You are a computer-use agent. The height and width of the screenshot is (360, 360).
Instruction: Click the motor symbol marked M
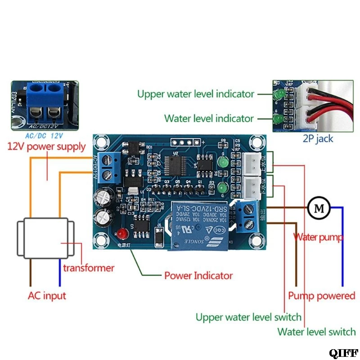319,207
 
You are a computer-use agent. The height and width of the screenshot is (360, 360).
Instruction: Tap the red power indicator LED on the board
121,234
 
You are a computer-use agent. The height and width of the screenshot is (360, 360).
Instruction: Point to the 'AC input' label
47,296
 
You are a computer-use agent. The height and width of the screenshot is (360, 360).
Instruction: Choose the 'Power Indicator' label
198,275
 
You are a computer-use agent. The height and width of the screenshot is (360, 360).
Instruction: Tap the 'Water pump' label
318,237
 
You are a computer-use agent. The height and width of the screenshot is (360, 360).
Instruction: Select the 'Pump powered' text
321,296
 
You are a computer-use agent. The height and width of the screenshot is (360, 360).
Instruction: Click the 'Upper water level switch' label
248,317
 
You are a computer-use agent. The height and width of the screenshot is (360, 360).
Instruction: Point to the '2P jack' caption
318,139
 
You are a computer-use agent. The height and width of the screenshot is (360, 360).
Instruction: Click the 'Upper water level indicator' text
196,94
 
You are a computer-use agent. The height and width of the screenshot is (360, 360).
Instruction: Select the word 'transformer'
89,268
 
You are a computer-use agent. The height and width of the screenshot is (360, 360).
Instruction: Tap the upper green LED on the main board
221,162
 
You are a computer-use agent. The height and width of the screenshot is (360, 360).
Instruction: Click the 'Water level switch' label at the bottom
316,332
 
